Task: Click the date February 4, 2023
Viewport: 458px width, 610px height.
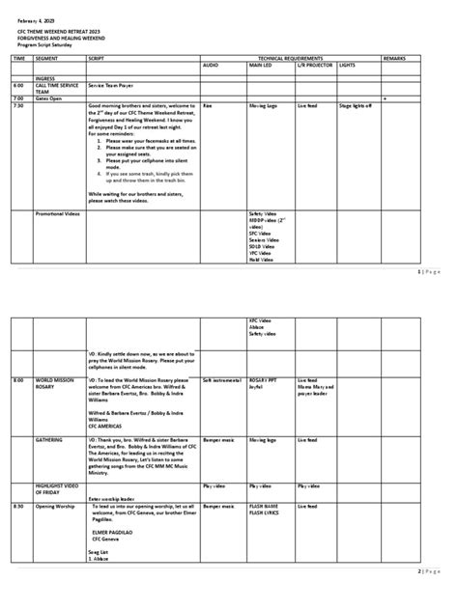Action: tap(34, 19)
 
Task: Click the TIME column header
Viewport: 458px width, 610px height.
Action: tap(17, 59)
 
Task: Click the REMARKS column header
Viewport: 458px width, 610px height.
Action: tap(395, 59)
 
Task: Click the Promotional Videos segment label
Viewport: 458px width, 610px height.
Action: tap(58, 213)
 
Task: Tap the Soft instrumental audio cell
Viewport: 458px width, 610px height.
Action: tap(220, 379)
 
